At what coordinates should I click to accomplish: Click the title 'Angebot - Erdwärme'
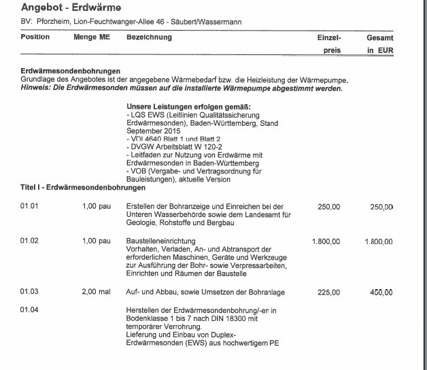[62, 7]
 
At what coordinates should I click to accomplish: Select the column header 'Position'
[35, 37]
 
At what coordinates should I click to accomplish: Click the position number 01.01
[29, 205]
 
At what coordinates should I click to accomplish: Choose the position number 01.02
[29, 241]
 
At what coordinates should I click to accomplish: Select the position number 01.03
[29, 292]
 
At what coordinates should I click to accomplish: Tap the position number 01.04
[29, 309]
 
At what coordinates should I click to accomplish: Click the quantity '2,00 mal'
[96, 292]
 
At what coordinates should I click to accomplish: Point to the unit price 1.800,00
[326, 241]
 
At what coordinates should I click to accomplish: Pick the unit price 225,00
[329, 293]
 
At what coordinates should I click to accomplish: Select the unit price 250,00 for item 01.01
[329, 206]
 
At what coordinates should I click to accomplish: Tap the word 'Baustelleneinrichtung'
[161, 241]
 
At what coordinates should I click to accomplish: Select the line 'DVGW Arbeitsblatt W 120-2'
[171, 146]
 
